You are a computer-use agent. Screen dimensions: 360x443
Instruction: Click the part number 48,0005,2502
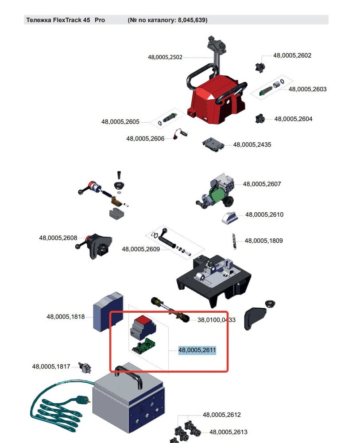[165, 57]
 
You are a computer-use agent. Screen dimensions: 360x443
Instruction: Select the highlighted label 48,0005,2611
[197, 350]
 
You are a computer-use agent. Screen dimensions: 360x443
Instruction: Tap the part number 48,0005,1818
[66, 317]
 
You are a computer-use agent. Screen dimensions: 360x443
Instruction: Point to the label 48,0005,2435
[252, 145]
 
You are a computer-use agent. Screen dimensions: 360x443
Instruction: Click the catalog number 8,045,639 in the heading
[192, 20]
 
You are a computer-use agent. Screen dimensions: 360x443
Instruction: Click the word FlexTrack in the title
[67, 20]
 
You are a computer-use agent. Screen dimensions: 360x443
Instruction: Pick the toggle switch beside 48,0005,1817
[85, 368]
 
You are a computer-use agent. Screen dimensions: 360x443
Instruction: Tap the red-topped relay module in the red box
[143, 327]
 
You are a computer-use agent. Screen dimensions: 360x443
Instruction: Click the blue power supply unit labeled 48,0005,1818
[108, 312]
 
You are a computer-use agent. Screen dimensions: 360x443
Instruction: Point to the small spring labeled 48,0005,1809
[234, 241]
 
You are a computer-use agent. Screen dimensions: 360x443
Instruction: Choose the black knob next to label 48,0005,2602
[260, 67]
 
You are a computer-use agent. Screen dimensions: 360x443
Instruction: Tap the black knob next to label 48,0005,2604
[260, 119]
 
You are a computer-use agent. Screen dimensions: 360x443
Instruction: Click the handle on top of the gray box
[128, 376]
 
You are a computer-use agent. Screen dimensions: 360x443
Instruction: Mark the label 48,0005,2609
[141, 249]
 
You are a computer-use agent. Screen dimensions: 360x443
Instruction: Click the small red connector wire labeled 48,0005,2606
[180, 134]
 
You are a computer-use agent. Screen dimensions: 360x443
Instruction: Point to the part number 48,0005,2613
[228, 432]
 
